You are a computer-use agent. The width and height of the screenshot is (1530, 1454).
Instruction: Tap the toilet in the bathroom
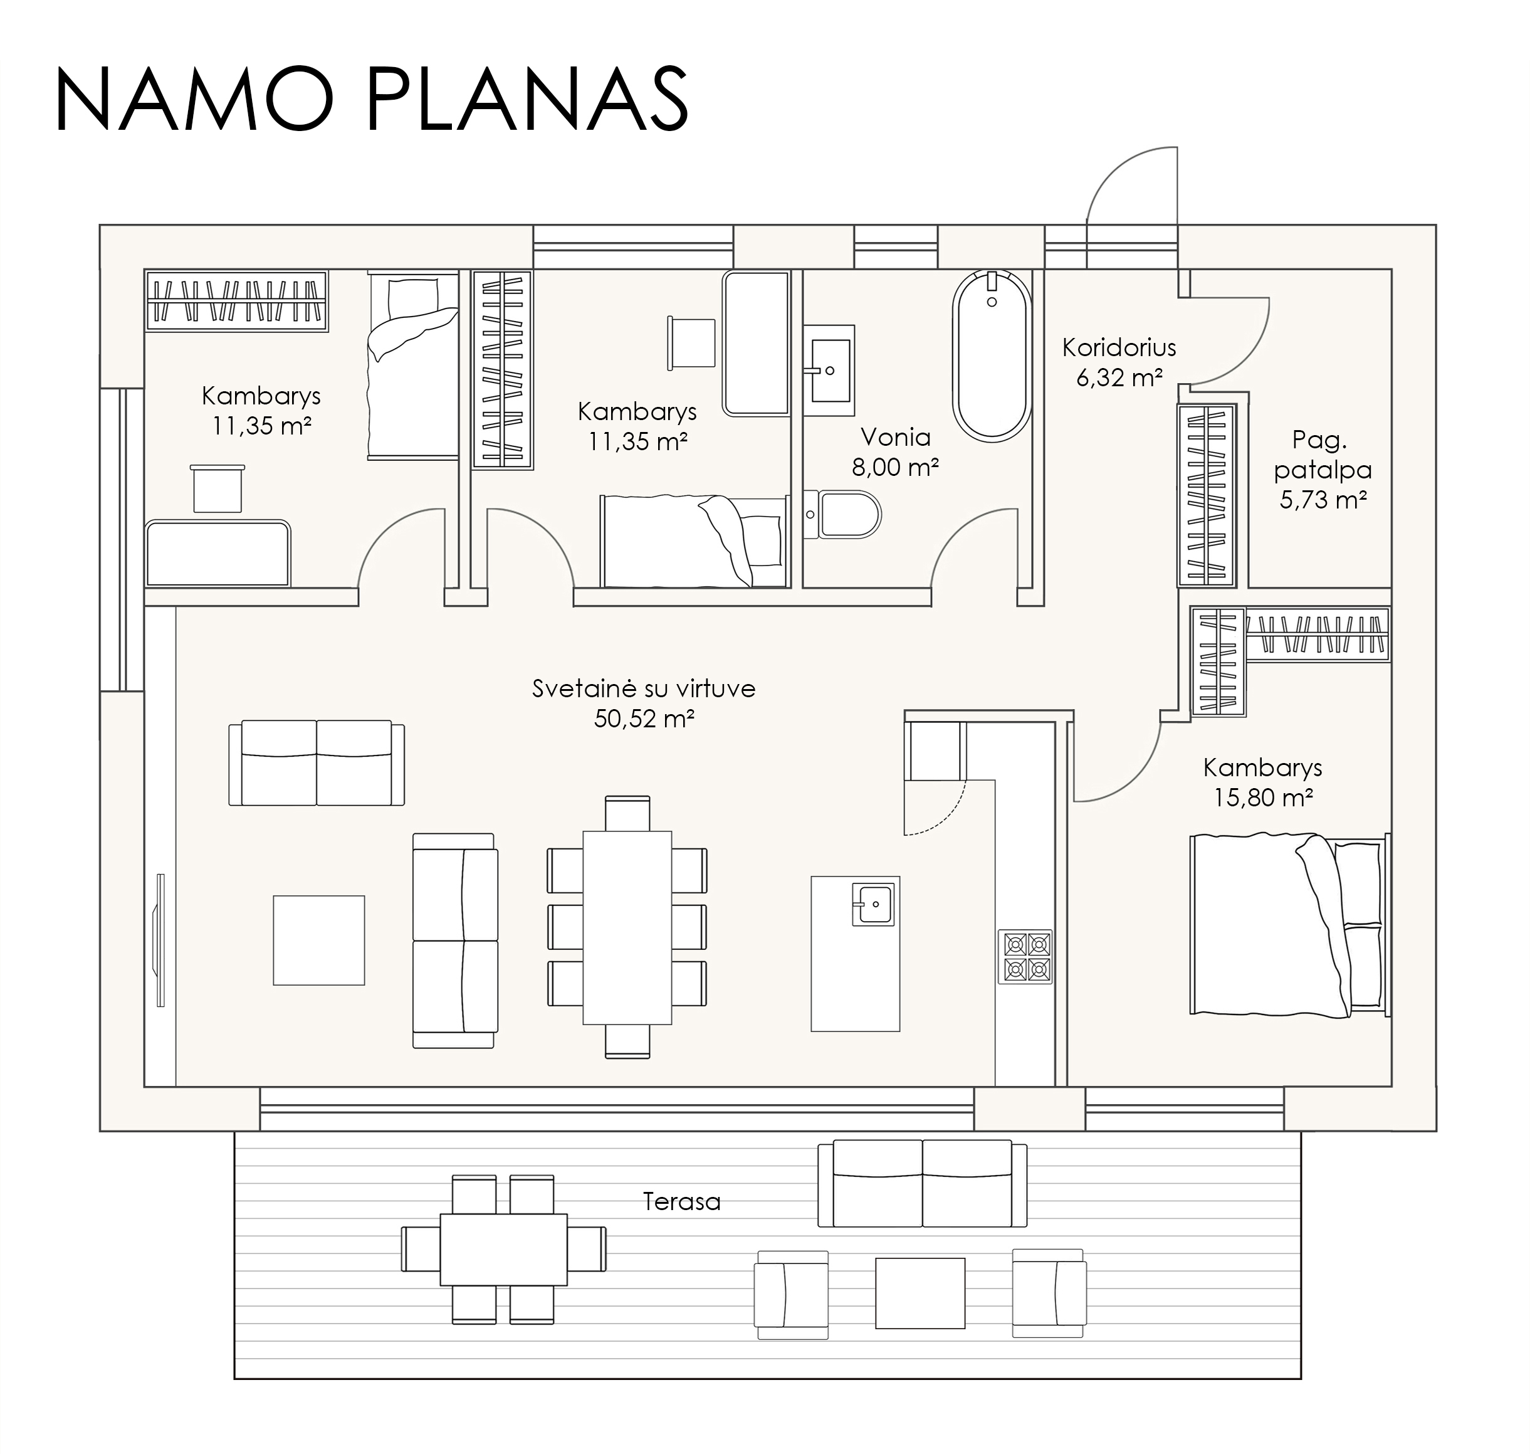[843, 514]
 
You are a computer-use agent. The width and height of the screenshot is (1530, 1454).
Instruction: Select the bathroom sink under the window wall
[829, 371]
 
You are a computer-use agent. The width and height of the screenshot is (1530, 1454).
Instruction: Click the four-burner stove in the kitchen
[1025, 956]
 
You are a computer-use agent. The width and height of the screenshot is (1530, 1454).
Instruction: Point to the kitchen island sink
[873, 903]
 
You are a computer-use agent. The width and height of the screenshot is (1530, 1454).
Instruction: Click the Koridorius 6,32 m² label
[1119, 362]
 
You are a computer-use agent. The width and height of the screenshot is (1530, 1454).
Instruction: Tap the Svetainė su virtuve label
[644, 689]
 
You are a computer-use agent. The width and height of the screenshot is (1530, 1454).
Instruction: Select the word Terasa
[682, 1202]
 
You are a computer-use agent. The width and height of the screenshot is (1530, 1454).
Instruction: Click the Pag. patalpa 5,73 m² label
[1323, 470]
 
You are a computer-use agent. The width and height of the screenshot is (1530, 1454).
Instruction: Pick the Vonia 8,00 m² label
[896, 452]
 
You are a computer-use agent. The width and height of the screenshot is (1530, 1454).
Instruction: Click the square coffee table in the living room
[318, 940]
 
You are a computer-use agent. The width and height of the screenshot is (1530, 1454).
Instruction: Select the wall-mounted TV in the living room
[160, 940]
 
